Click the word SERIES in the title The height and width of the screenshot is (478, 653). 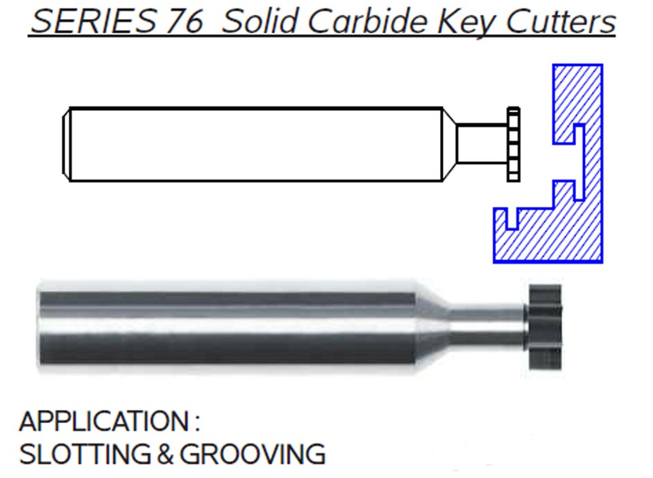point(93,22)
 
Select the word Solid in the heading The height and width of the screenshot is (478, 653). point(260,22)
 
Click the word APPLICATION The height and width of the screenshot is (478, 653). point(103,422)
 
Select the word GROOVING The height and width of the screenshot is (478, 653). point(252,454)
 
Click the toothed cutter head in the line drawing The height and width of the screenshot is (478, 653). point(514,144)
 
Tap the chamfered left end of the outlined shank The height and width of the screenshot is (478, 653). point(67,144)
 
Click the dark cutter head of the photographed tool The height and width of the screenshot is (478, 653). point(544,327)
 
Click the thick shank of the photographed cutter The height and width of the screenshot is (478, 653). point(224,326)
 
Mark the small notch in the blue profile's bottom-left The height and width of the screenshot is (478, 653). point(513,218)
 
